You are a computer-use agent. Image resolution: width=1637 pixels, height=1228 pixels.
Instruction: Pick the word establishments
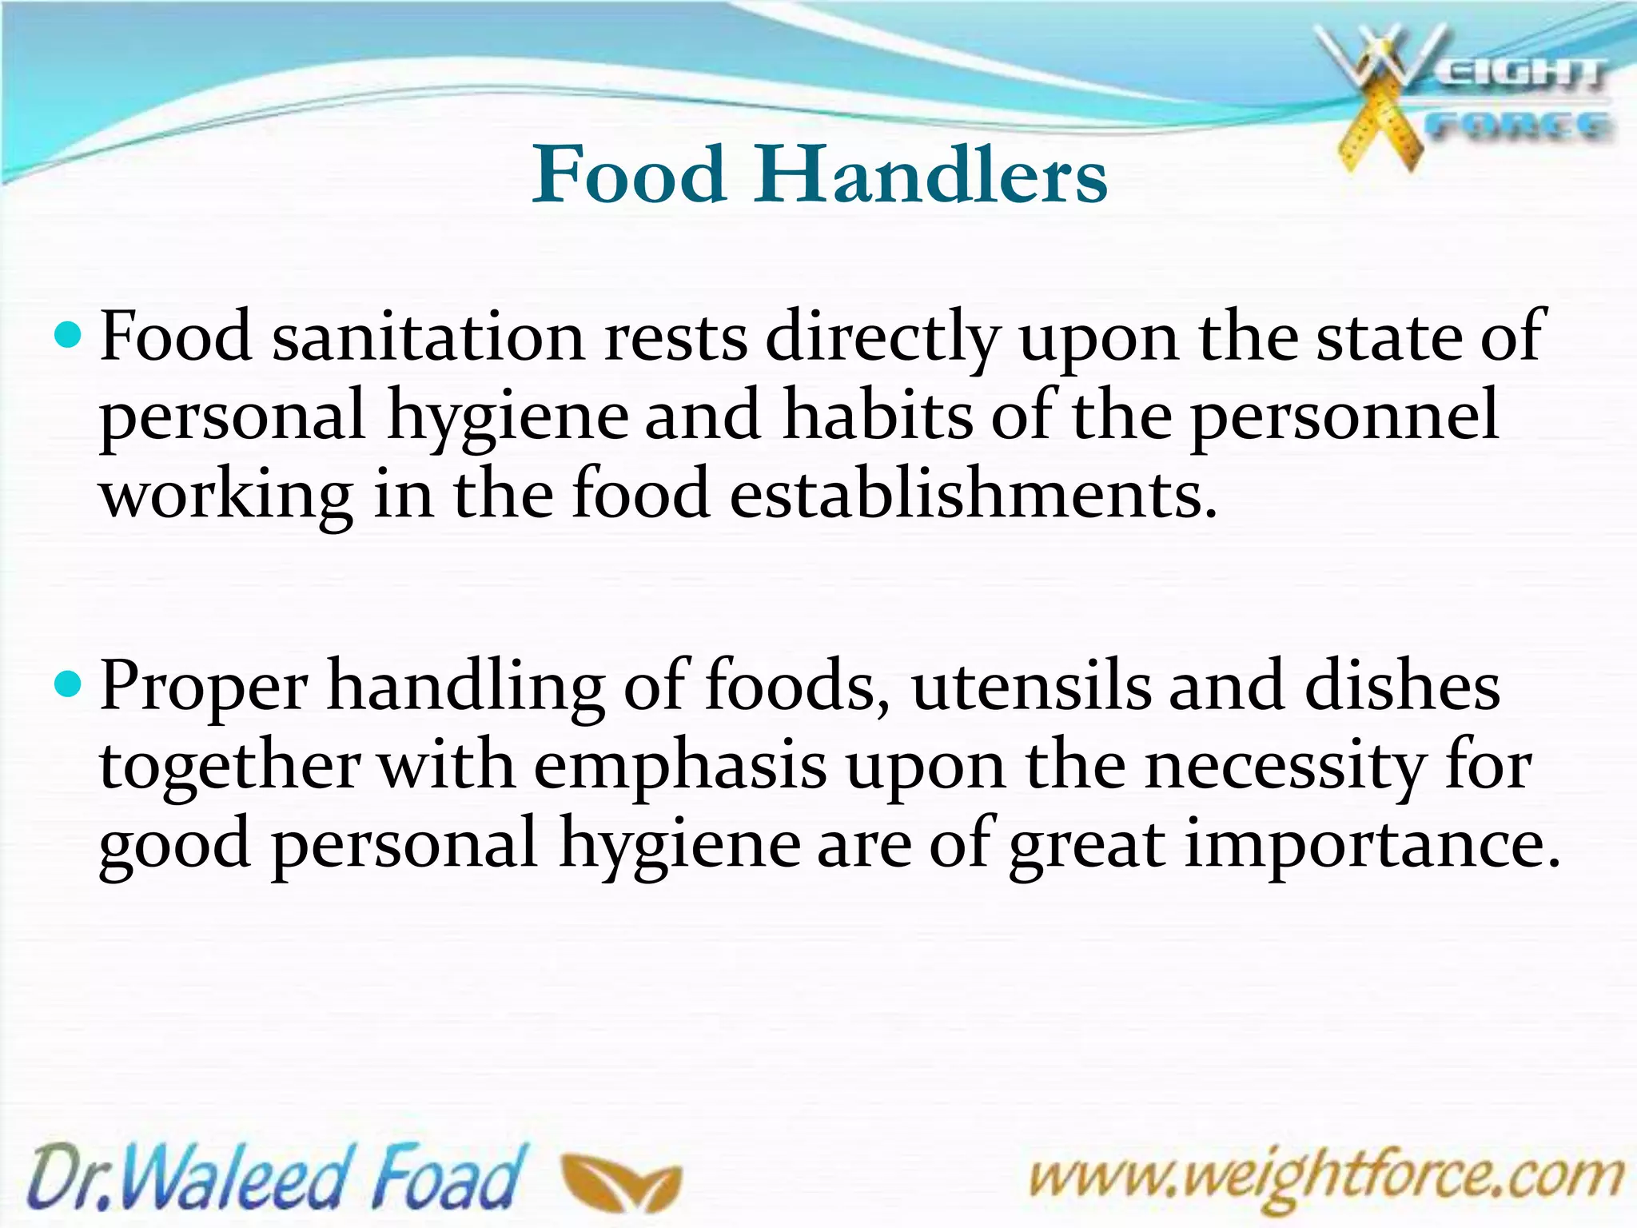tap(973, 493)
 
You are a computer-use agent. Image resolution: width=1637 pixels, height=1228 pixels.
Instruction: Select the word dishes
tap(1402, 686)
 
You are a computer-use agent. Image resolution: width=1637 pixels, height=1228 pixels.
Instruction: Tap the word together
tap(229, 766)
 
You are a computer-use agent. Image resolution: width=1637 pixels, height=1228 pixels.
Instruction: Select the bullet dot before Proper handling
tap(70, 683)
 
